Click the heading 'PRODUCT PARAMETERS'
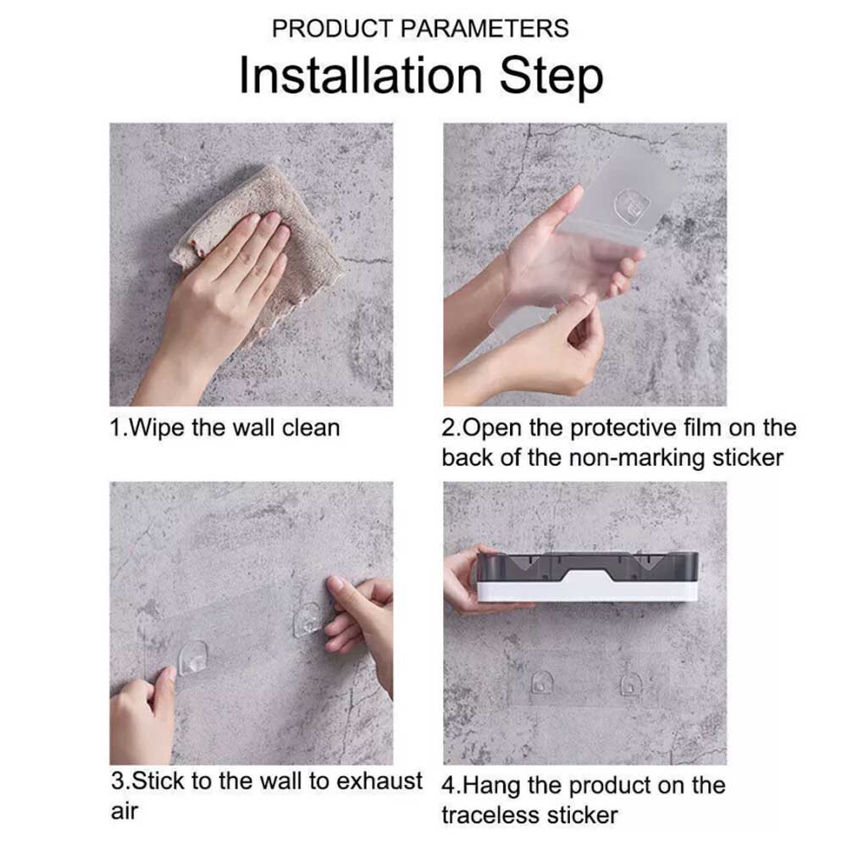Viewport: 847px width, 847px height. click(x=420, y=29)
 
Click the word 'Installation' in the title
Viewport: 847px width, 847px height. click(x=360, y=76)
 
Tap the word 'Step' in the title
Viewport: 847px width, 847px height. click(x=551, y=78)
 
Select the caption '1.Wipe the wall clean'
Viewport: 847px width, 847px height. click(x=224, y=428)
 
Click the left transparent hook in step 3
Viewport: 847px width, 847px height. click(x=192, y=657)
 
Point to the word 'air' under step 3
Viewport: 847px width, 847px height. click(x=125, y=811)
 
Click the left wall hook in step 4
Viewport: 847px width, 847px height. click(x=541, y=683)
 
